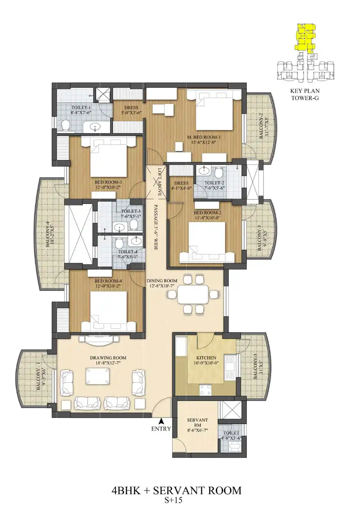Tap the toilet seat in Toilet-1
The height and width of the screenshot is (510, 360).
pyautogui.click(x=65, y=126)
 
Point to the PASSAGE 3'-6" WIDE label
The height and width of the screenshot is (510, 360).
pyautogui.click(x=156, y=227)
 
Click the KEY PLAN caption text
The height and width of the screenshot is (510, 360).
pyautogui.click(x=305, y=91)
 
